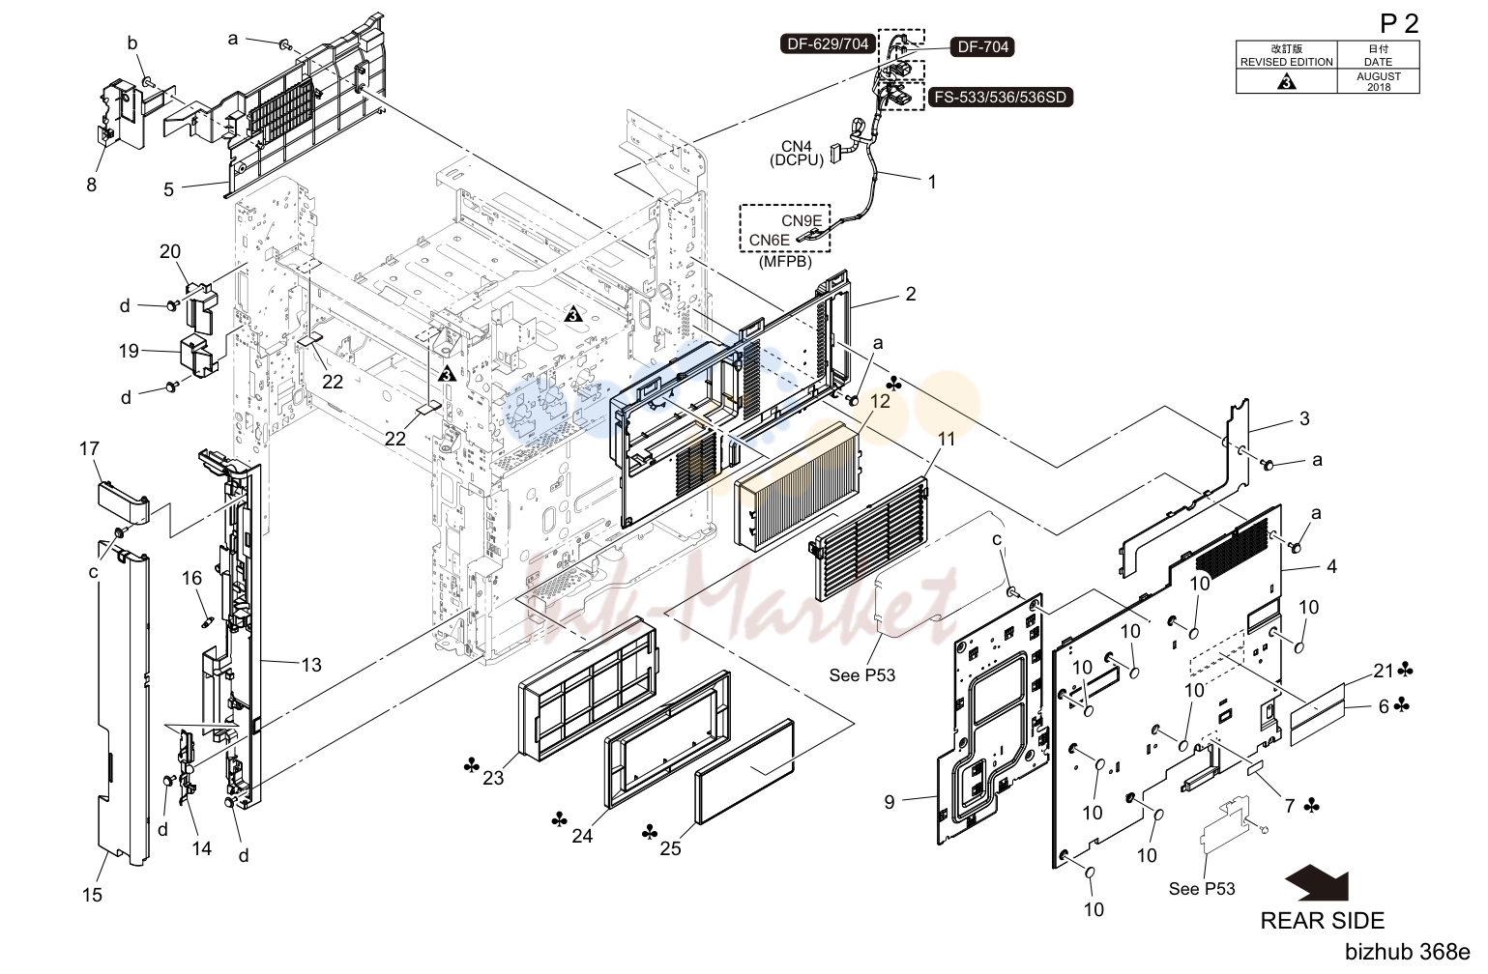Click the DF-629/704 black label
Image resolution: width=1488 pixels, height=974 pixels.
tap(828, 43)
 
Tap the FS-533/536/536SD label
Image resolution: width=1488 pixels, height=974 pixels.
tap(1001, 97)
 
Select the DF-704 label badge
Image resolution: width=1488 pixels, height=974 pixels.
tap(982, 46)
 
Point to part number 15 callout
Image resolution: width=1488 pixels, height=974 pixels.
tap(93, 895)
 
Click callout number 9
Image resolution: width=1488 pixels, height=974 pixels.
tap(890, 802)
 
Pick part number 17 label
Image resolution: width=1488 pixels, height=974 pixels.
tap(89, 448)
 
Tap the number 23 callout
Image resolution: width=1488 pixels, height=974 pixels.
tap(493, 778)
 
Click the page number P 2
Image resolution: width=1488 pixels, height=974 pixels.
tap(1400, 23)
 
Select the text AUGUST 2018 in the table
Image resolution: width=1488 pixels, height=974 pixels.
tap(1379, 82)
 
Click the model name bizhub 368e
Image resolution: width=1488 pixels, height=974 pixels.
tap(1408, 952)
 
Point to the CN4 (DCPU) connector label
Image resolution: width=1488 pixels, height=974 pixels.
tap(797, 153)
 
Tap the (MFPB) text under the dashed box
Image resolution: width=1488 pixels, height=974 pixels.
tap(785, 262)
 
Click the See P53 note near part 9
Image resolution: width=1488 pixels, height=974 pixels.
tap(862, 675)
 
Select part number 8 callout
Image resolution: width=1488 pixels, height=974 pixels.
tap(92, 185)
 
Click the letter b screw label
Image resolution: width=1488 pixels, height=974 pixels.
tap(132, 43)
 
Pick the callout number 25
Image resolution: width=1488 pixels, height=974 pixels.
tap(670, 848)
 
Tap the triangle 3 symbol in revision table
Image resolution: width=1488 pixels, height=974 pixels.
tap(1287, 82)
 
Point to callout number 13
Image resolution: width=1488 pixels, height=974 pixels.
tap(311, 665)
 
